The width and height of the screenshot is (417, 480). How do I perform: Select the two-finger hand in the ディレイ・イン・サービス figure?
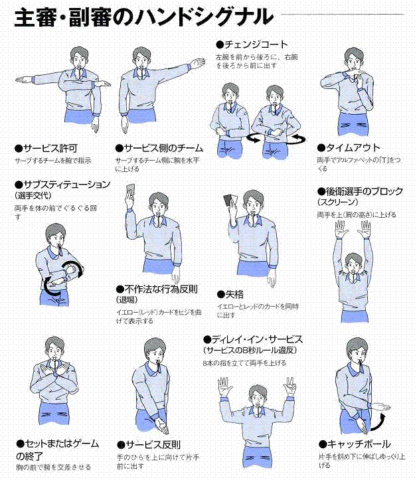tap(290, 386)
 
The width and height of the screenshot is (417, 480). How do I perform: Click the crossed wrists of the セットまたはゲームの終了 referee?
tap(54, 374)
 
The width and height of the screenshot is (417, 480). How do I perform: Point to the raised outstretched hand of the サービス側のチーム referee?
tap(197, 63)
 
